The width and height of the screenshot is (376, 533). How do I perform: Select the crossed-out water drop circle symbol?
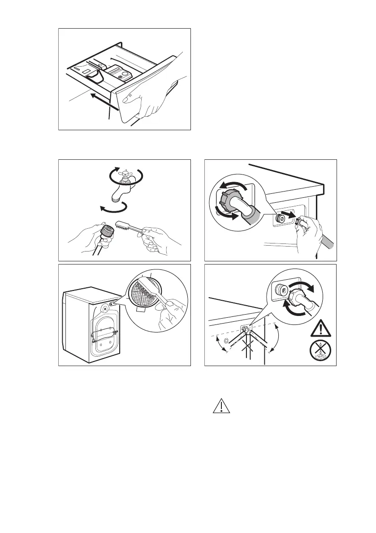(x=321, y=352)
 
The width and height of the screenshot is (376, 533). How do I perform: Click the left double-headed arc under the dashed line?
(x=220, y=345)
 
